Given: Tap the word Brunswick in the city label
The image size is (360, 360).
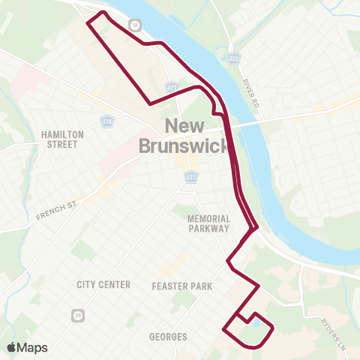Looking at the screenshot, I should (x=182, y=145).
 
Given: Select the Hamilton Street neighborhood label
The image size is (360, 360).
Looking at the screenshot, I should (x=60, y=139).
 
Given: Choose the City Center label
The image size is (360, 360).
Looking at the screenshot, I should (x=103, y=285).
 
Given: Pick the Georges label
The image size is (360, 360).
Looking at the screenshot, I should (x=168, y=337).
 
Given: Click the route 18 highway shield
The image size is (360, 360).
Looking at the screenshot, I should (x=134, y=25).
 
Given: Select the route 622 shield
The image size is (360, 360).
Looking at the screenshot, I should (x=232, y=58).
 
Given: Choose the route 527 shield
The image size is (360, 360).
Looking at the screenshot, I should (x=191, y=177).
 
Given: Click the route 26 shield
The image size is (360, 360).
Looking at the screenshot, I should (x=77, y=316).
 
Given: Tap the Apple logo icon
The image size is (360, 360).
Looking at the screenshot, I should (x=11, y=347).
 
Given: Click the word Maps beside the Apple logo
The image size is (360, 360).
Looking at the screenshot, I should (x=33, y=347).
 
